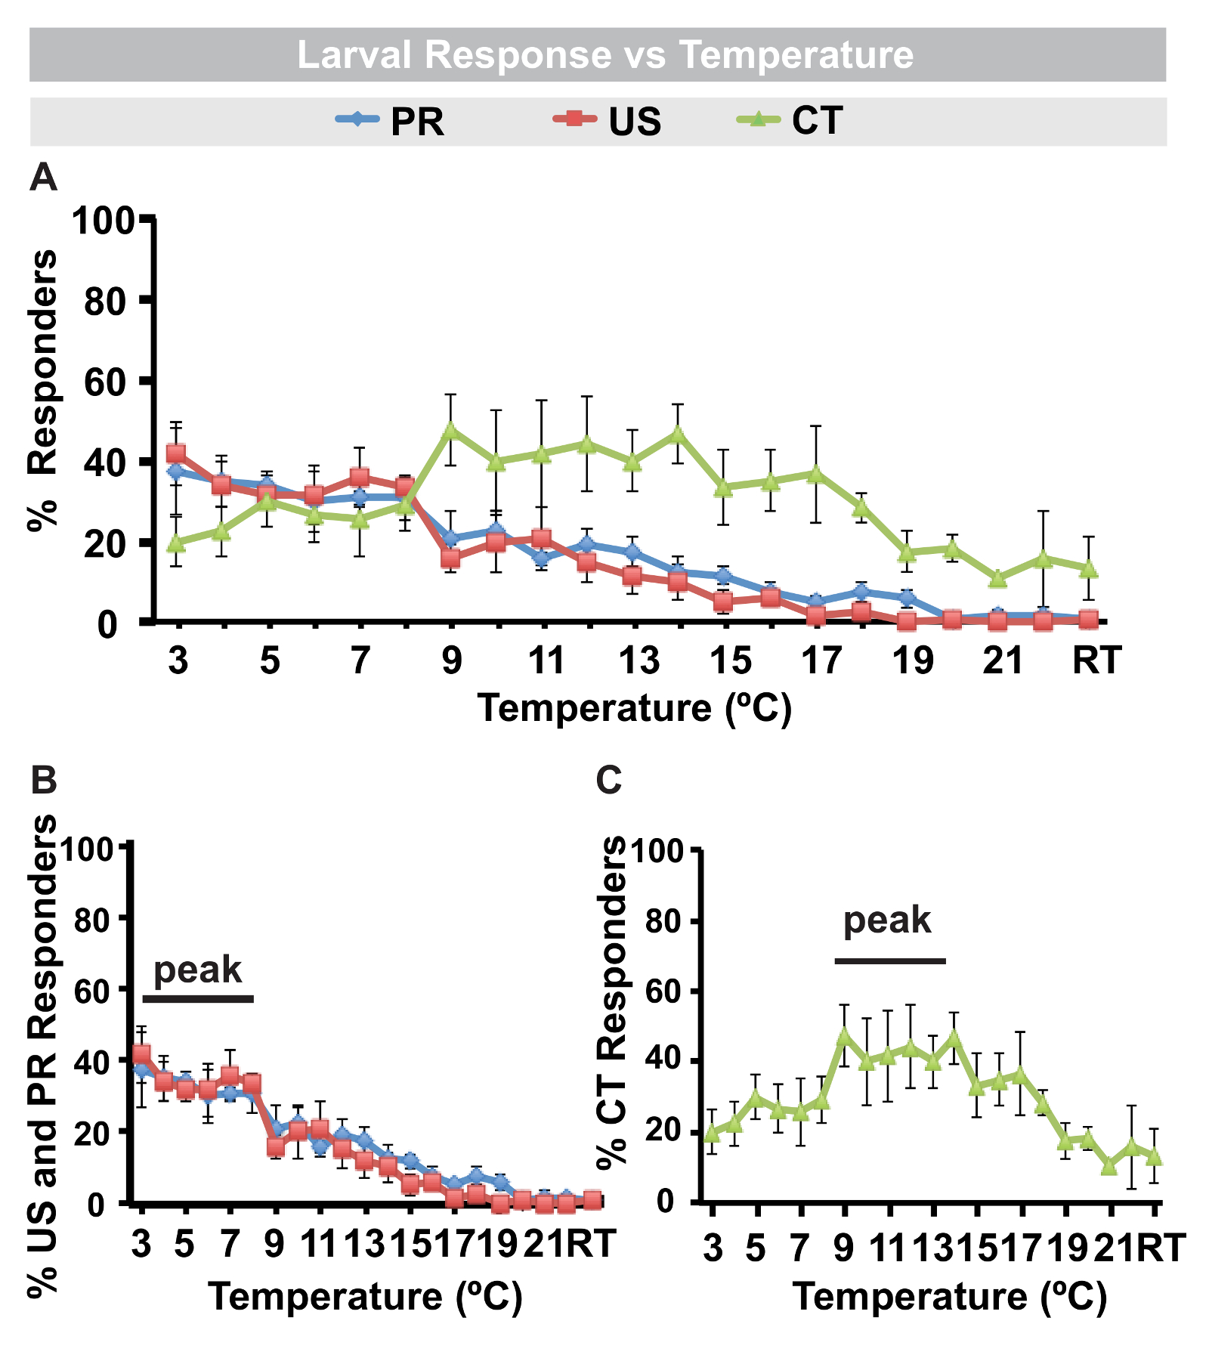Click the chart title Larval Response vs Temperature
point(604,55)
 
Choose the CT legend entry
point(790,121)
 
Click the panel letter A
point(43,178)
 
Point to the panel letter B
point(43,780)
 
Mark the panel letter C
point(609,780)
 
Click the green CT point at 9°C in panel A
point(451,430)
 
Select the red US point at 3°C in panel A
point(176,453)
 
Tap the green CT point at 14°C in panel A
point(678,433)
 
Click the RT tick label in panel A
point(1096,660)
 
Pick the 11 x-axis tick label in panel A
point(546,660)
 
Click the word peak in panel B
point(197,970)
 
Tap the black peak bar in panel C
point(890,961)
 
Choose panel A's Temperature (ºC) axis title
point(635,709)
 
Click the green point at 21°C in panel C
point(1109,1165)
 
